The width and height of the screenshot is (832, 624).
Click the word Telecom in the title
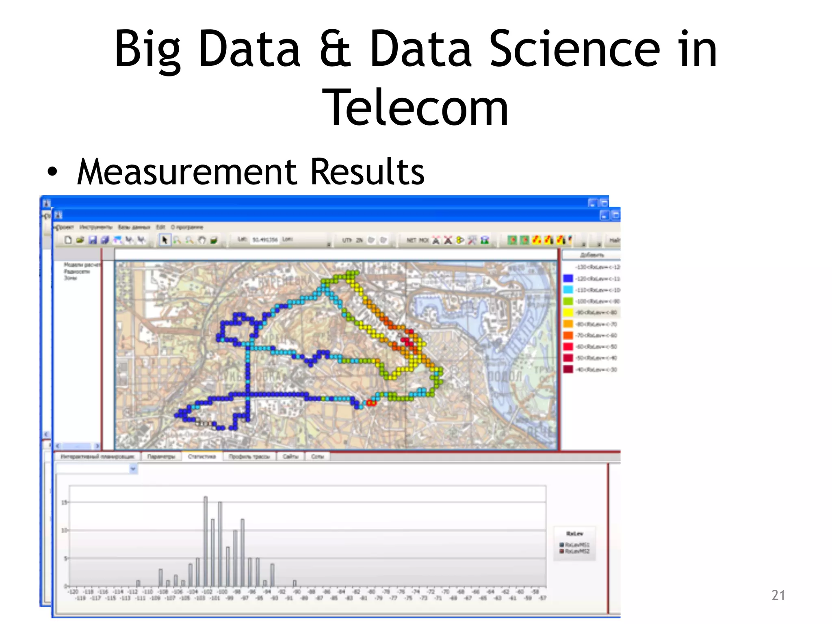(415, 108)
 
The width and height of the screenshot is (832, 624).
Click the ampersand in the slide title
(335, 49)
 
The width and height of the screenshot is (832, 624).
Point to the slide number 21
(778, 595)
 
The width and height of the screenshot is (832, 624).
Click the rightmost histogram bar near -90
(295, 583)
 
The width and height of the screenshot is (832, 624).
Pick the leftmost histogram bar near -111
(138, 583)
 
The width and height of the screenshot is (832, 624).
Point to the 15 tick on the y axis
(64, 503)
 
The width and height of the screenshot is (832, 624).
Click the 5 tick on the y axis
(65, 558)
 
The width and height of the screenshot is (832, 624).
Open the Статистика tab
(202, 457)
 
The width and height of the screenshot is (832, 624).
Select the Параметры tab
(161, 457)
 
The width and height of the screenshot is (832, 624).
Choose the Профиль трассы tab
(249, 457)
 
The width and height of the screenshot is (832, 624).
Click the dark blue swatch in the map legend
(568, 278)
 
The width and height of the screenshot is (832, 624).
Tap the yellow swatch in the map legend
(568, 312)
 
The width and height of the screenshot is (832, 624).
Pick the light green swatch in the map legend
(568, 301)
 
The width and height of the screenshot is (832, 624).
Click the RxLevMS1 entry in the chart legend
(576, 544)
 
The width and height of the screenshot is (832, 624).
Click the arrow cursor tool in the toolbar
(165, 240)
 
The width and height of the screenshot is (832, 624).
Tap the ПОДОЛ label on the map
(504, 376)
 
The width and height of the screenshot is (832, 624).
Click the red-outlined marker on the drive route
(371, 403)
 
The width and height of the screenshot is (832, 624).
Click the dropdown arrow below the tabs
(133, 469)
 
